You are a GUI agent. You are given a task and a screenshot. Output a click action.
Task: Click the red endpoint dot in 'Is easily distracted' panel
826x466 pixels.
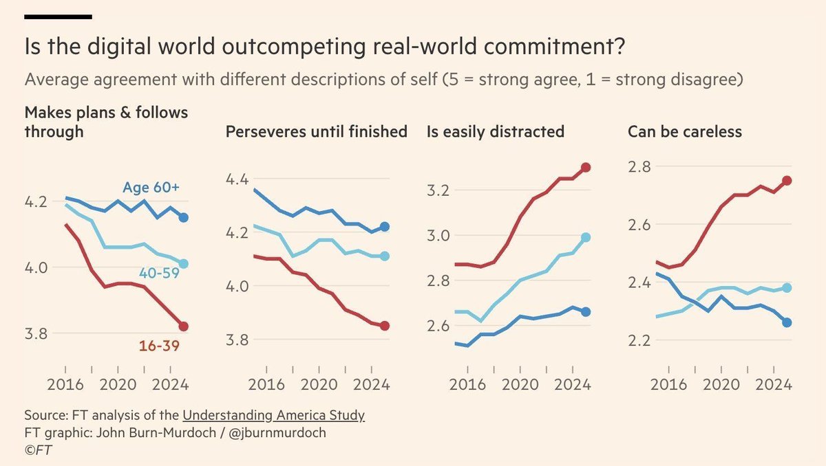[x=586, y=167]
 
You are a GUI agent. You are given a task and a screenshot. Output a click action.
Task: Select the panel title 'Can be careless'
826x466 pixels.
[x=684, y=131]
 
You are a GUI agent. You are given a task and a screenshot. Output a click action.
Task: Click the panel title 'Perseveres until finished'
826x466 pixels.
[x=316, y=131]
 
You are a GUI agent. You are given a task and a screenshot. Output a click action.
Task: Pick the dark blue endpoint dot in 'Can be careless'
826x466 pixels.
[x=787, y=322]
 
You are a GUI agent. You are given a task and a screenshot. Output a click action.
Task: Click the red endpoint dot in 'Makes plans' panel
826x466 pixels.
[x=183, y=326]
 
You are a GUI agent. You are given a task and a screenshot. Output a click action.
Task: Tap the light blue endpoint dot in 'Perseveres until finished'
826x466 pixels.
[x=385, y=256]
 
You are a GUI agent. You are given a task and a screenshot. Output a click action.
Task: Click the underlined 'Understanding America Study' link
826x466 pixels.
[x=273, y=416]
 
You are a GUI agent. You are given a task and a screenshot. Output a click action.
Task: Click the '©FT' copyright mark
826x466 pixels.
[x=39, y=449]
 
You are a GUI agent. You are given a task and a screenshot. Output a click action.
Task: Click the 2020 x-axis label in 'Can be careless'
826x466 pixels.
[x=721, y=384]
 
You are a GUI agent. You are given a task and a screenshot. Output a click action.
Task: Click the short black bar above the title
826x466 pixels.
[x=58, y=15]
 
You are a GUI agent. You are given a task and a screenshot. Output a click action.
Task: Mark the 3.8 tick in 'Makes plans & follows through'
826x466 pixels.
[x=39, y=333]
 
